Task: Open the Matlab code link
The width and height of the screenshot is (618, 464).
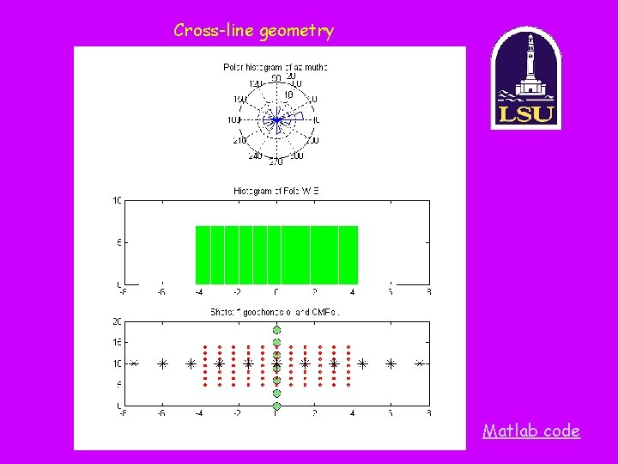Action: click(531, 430)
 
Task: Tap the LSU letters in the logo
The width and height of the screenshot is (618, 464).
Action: click(525, 113)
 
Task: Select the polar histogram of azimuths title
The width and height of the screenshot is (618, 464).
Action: click(276, 66)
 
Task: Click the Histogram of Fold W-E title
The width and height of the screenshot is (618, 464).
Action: click(276, 191)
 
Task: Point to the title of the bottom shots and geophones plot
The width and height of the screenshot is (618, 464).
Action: click(276, 313)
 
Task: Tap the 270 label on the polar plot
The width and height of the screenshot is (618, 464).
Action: click(276, 162)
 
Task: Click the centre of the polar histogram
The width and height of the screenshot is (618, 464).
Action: click(276, 121)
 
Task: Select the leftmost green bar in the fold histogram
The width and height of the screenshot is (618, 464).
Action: click(203, 254)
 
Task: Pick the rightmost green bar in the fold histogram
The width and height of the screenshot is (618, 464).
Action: click(348, 254)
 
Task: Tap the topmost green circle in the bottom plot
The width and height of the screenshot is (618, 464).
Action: click(276, 330)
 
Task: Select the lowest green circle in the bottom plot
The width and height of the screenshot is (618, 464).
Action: click(276, 405)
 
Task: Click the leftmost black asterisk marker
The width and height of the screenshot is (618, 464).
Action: click(134, 363)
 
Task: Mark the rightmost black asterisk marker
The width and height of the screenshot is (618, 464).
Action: click(420, 363)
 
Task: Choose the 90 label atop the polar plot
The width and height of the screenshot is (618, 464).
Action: click(276, 78)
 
